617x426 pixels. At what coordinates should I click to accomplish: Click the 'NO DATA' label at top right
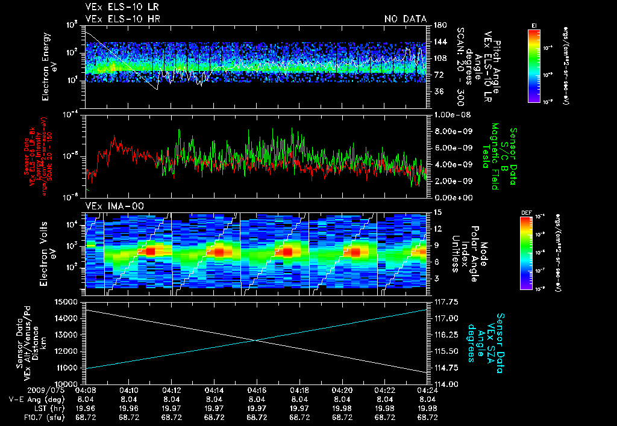click(406, 19)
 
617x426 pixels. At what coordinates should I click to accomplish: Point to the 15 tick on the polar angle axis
click(436, 212)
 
